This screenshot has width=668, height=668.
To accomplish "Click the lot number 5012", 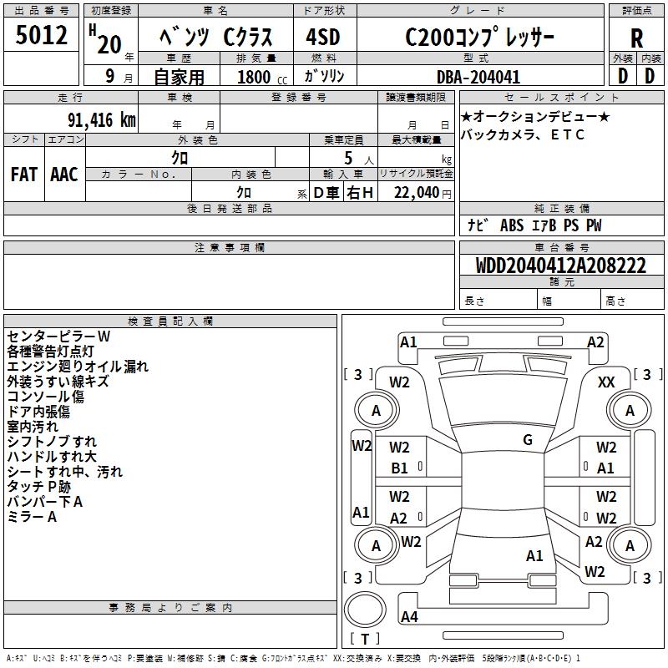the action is tap(41, 35).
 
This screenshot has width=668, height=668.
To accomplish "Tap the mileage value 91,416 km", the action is tap(102, 120).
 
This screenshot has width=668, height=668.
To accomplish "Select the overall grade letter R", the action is tap(636, 38).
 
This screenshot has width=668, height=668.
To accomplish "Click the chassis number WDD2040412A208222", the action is tap(560, 266).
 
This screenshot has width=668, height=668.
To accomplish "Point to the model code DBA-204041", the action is tap(478, 77).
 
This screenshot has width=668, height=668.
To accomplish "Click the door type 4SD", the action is tap(323, 37).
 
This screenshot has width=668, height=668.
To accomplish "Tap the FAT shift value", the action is tap(24, 175).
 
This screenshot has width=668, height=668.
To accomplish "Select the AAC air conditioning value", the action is tap(64, 175).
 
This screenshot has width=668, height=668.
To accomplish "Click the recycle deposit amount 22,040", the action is tap(416, 193).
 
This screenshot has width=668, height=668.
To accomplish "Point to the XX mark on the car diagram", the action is tap(606, 382).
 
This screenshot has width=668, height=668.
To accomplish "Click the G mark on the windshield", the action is tap(528, 440).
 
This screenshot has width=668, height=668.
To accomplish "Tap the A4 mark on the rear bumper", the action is tap(409, 616).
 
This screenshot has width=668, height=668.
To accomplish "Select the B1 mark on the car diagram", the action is tap(399, 468).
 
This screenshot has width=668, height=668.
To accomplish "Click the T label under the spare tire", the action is tap(365, 639).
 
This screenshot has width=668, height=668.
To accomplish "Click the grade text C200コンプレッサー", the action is tap(479, 37).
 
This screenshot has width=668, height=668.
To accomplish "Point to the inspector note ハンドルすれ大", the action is tap(52, 457).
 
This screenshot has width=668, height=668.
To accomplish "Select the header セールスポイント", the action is tap(561, 98).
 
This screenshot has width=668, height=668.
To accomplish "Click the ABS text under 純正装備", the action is tap(512, 225).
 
